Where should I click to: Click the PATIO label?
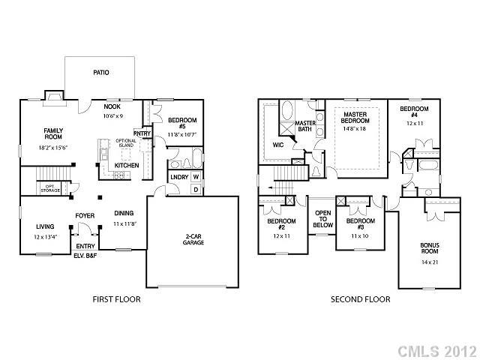tap(101, 73)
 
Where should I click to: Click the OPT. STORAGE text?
tap(51, 188)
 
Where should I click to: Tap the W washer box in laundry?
tap(195, 177)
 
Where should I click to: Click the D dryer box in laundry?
tap(195, 189)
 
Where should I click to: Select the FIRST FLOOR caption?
tap(116, 299)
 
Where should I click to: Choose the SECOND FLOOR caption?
tap(361, 299)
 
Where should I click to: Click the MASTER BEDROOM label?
tap(354, 118)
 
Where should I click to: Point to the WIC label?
tap(277, 145)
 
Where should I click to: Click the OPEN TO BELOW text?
tap(322, 218)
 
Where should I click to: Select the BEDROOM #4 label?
tap(413, 112)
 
